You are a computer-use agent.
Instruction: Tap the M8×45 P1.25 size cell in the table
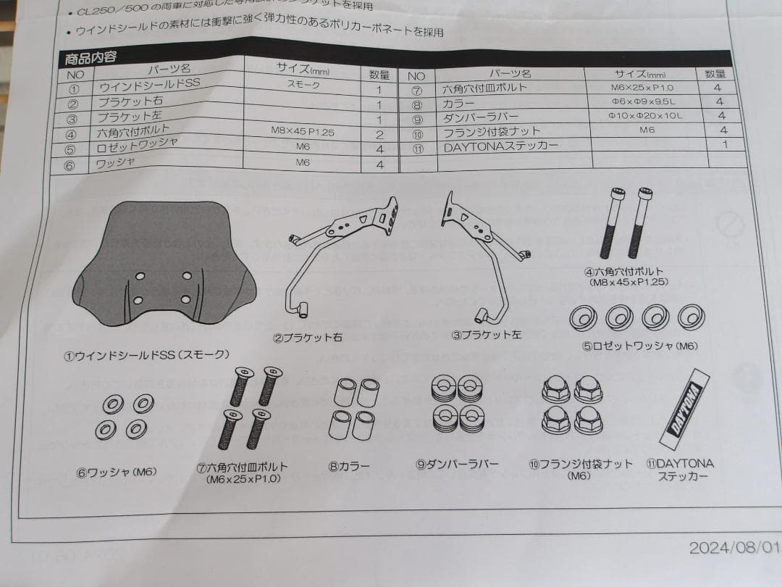[x=302, y=133]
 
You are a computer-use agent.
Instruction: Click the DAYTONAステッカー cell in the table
[x=500, y=146]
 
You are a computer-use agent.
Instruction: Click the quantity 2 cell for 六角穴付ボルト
[x=379, y=135]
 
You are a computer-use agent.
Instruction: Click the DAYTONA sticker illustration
[x=684, y=409]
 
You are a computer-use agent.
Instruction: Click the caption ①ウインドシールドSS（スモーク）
[x=146, y=355]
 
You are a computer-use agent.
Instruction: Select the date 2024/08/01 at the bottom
[x=732, y=548]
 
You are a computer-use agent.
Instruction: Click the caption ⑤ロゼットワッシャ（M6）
[x=640, y=346]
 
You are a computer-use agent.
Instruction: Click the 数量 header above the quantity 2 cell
[x=379, y=74]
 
